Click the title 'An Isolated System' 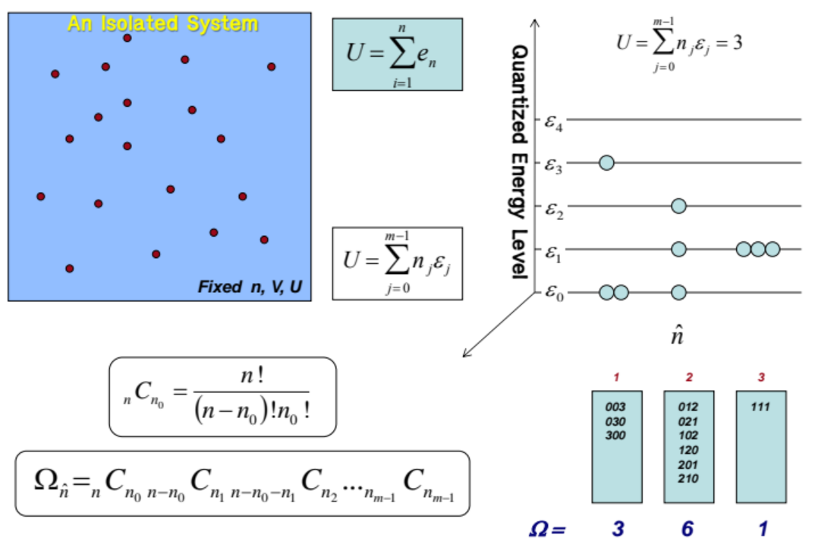click(x=162, y=24)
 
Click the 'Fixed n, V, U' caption click(x=250, y=288)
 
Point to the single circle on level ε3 click(x=606, y=162)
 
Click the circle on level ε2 click(x=678, y=206)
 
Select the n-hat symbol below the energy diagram click(x=678, y=335)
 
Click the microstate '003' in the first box click(x=616, y=407)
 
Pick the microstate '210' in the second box click(x=688, y=479)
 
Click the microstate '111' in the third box click(x=760, y=407)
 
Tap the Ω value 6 click(x=688, y=528)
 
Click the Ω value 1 click(x=760, y=528)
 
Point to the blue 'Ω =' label click(x=546, y=528)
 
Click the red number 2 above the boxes click(x=688, y=377)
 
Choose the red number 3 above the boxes click(x=760, y=377)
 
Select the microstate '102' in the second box click(x=688, y=436)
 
